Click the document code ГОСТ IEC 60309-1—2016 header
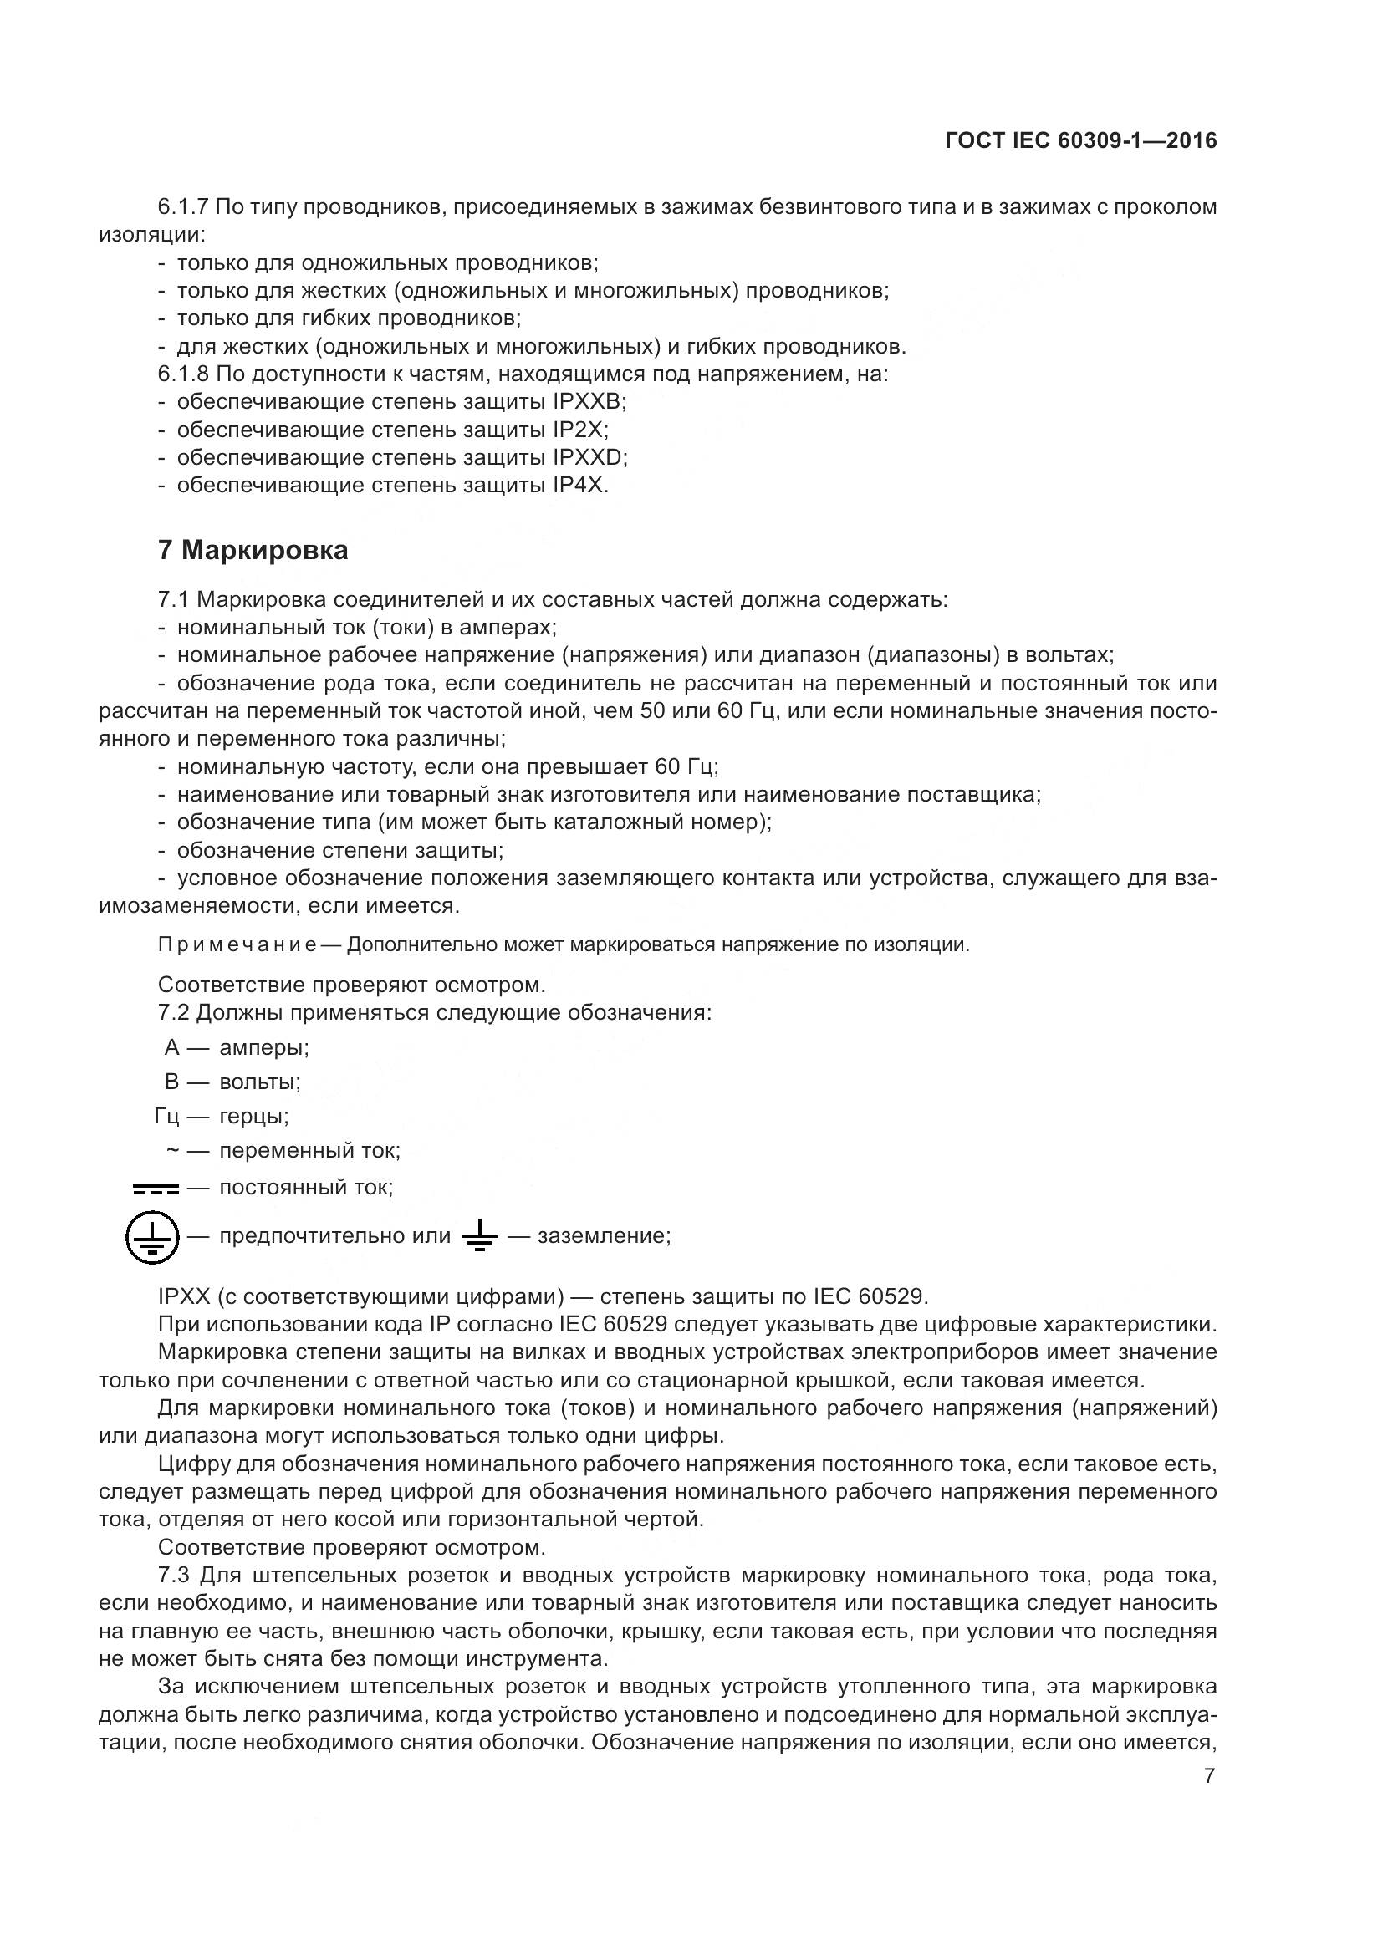[x=1080, y=141]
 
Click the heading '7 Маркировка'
[x=253, y=551]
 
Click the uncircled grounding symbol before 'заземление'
[x=478, y=1235]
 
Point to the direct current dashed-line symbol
[x=155, y=1188]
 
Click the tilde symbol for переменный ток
[x=172, y=1150]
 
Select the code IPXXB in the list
[x=590, y=402]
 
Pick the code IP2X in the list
[x=578, y=430]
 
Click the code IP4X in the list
[x=579, y=486]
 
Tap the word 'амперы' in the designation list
[x=264, y=1047]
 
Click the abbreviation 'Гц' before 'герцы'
[x=167, y=1117]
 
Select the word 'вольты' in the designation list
[x=260, y=1082]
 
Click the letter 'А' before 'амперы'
[x=172, y=1047]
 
